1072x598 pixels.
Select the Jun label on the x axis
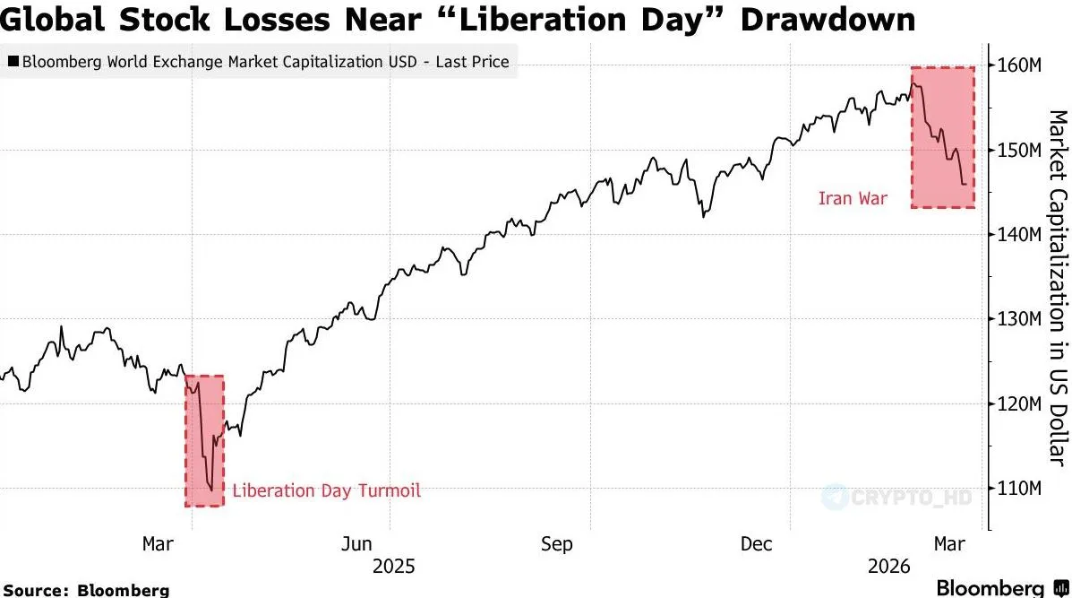[x=357, y=544]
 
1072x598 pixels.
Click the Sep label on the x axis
[x=557, y=544]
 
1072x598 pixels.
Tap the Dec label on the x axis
[x=758, y=544]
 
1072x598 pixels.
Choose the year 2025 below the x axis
[x=394, y=567]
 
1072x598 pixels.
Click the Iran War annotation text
[x=853, y=198]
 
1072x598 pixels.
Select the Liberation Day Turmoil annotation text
[x=326, y=490]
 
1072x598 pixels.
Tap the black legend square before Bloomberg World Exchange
[x=13, y=62]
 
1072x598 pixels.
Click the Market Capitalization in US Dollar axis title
[x=1057, y=287]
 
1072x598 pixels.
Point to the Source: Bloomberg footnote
[x=86, y=590]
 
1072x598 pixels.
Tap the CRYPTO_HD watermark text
[x=905, y=496]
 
